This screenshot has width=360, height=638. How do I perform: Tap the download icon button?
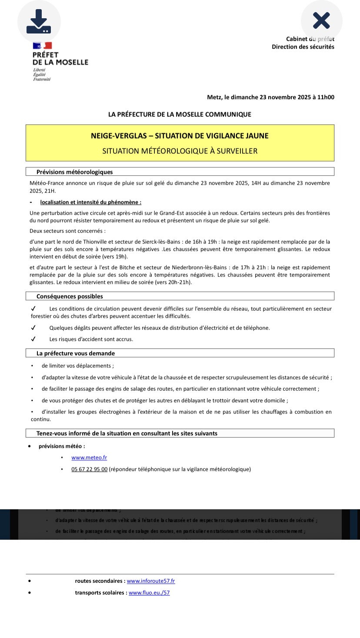click(39, 21)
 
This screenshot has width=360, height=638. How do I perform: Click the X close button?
click(321, 20)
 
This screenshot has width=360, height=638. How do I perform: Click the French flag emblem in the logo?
click(42, 46)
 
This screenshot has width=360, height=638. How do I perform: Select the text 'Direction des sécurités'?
click(303, 47)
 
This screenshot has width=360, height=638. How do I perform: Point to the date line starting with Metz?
click(270, 97)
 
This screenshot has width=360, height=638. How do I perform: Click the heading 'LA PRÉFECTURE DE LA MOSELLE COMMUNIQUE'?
click(180, 114)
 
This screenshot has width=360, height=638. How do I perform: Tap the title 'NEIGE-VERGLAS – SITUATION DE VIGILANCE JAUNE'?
click(180, 136)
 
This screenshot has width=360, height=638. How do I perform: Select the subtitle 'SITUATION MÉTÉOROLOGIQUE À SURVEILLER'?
click(180, 151)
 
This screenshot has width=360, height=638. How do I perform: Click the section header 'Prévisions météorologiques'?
click(74, 172)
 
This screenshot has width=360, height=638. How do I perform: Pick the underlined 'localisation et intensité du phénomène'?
click(90, 202)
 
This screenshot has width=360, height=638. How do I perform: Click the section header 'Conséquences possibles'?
click(70, 296)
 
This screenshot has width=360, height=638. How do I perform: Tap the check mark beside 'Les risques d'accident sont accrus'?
click(33, 339)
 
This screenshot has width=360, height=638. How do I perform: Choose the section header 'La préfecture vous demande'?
click(76, 353)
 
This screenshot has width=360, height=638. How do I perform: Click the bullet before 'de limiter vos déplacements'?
click(32, 366)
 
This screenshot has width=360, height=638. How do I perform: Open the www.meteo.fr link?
click(89, 458)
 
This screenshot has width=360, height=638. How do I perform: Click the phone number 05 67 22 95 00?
click(89, 469)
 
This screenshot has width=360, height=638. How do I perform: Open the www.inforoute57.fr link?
click(150, 581)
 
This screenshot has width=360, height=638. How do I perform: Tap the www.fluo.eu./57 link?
click(149, 593)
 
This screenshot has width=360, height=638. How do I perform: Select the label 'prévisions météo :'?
click(62, 446)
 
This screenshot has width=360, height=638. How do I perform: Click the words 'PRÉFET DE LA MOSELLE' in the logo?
click(60, 59)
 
